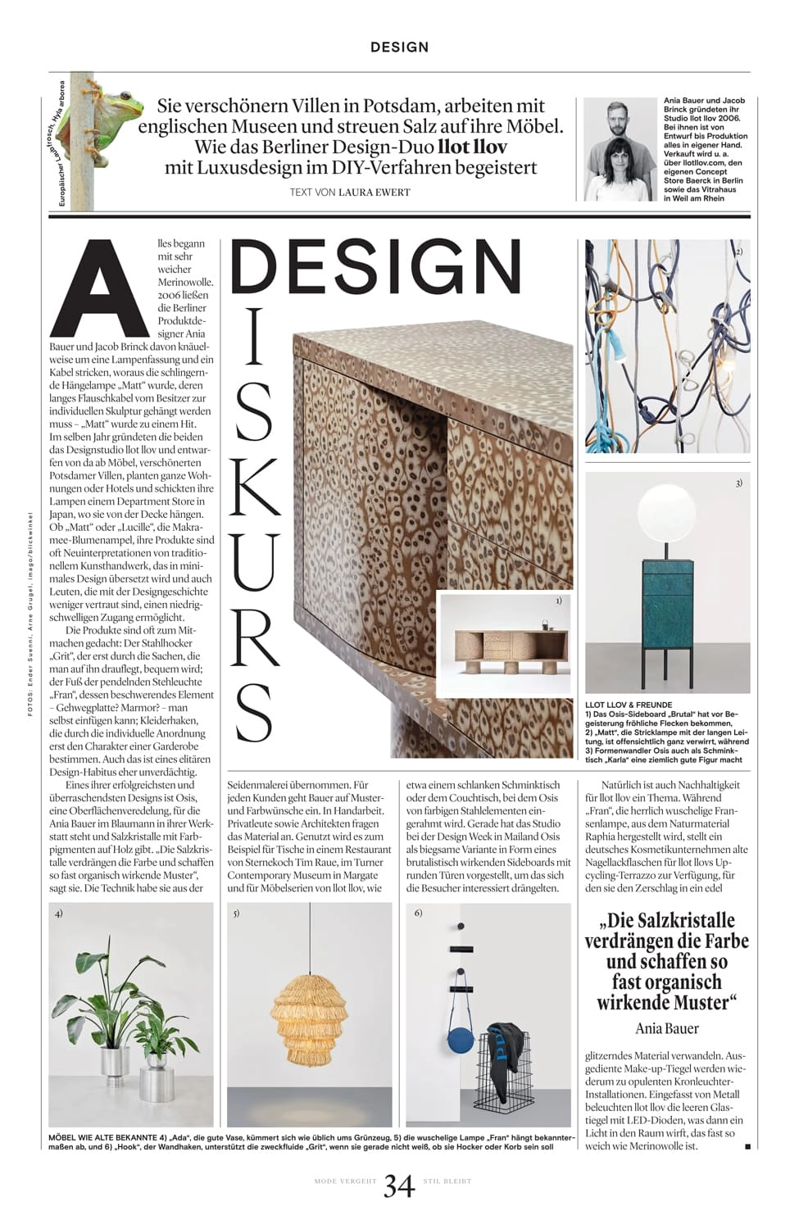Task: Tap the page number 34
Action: (x=399, y=1186)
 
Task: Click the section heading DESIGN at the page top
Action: (x=399, y=48)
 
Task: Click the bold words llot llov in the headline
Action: (x=473, y=147)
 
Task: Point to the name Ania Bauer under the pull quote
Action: (x=666, y=1028)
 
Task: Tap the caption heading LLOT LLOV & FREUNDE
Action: (x=629, y=705)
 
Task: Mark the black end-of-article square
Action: (x=747, y=1147)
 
